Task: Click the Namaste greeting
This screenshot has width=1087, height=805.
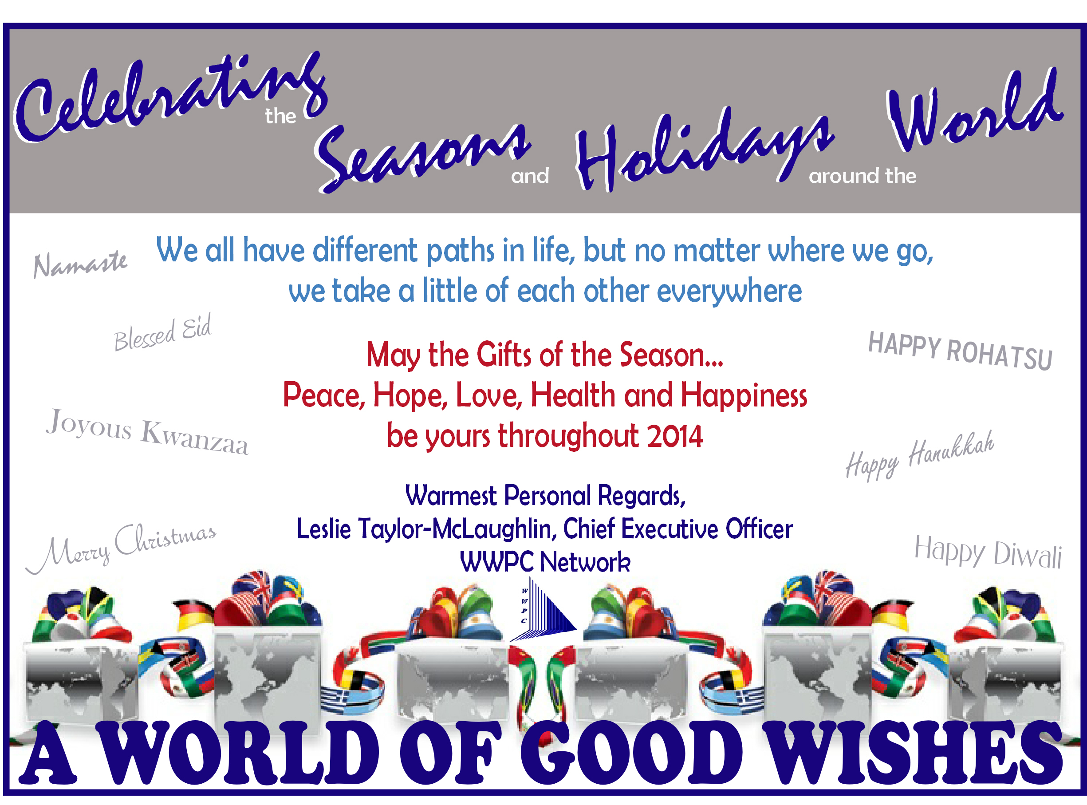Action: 80,264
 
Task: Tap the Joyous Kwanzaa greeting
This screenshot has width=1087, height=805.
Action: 147,432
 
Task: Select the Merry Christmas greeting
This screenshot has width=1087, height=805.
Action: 121,548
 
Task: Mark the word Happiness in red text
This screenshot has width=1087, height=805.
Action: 744,395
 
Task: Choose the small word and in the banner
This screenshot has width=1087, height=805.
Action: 530,176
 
